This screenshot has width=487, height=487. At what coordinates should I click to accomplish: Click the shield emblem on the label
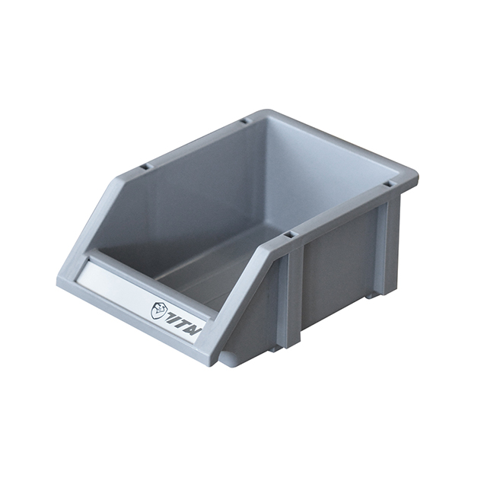pos(158,310)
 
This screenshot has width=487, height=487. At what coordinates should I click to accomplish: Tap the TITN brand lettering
pos(181,317)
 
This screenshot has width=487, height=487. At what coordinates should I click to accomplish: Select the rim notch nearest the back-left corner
pos(243,121)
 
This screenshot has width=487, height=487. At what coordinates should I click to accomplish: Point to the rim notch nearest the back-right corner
pos(388,183)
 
